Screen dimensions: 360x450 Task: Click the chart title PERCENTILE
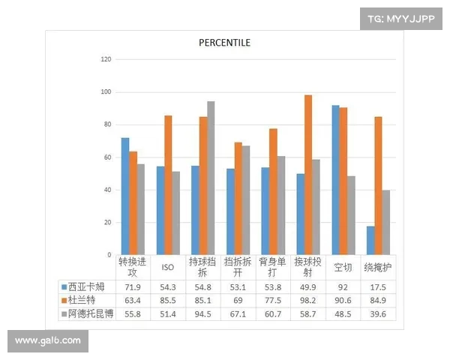pos(224,42)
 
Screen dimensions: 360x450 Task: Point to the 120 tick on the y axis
pos(106,59)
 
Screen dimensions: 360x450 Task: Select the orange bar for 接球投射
pos(308,175)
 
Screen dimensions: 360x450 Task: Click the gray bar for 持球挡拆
pos(211,178)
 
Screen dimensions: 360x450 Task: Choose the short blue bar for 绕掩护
pos(370,240)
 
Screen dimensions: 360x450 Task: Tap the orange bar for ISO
pos(168,185)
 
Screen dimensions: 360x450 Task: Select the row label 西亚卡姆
pos(88,286)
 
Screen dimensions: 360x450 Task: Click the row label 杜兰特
pos(83,300)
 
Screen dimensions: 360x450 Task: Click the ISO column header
pos(168,267)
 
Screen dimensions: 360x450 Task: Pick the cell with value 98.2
pos(307,300)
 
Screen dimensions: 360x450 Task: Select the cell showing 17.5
pos(378,286)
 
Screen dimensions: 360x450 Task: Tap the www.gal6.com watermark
pos(48,340)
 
